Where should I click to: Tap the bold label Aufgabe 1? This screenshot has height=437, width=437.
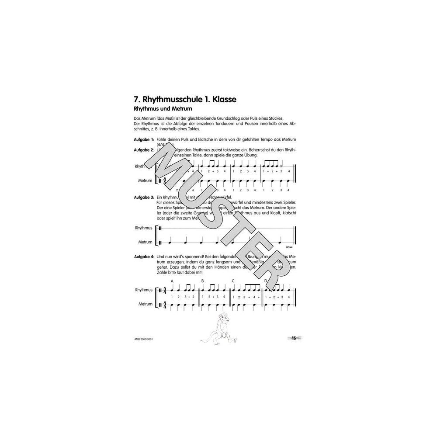pyautogui.click(x=143, y=139)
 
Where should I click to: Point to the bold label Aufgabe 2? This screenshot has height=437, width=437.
pyautogui.click(x=143, y=150)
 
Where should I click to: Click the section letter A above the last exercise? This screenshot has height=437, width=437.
pyautogui.click(x=172, y=281)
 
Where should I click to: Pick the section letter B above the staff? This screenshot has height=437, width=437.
pyautogui.click(x=202, y=281)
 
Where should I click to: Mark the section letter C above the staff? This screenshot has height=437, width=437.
pyautogui.click(x=233, y=281)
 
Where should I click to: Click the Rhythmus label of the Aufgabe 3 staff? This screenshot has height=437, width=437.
pyautogui.click(x=144, y=228)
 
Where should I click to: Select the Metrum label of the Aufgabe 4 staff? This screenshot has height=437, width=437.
pyautogui.click(x=145, y=304)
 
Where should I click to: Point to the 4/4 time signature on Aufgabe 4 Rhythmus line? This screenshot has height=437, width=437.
pyautogui.click(x=165, y=290)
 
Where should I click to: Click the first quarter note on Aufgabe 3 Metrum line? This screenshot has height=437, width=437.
pyautogui.click(x=170, y=241)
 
